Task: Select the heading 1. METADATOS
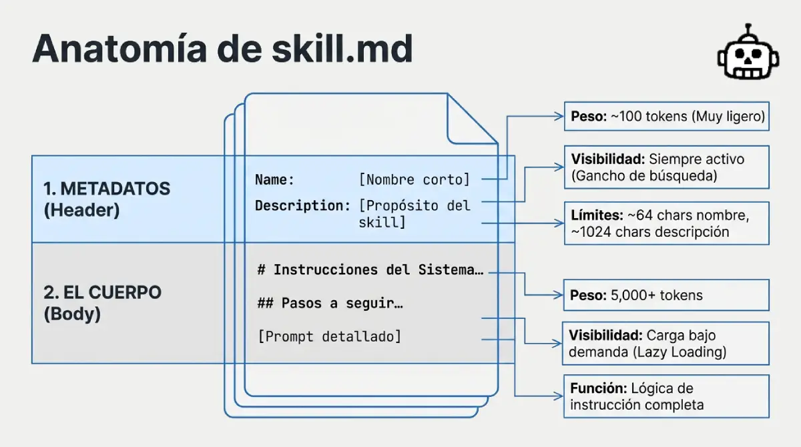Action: pyautogui.click(x=107, y=189)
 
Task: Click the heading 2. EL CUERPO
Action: pyautogui.click(x=103, y=292)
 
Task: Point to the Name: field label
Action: pyautogui.click(x=274, y=179)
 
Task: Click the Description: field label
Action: pyautogui.click(x=302, y=205)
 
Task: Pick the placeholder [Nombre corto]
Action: pyautogui.click(x=415, y=179)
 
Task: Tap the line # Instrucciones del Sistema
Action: pyautogui.click(x=370, y=270)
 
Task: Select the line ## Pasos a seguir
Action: pyautogui.click(x=331, y=303)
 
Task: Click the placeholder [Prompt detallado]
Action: pyautogui.click(x=330, y=336)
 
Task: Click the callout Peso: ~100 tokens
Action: pyautogui.click(x=667, y=117)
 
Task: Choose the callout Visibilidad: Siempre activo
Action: pyautogui.click(x=667, y=167)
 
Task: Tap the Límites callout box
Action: pyautogui.click(x=667, y=223)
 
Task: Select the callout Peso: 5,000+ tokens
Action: pyautogui.click(x=667, y=295)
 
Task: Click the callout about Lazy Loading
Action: pyautogui.click(x=667, y=343)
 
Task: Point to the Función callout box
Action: pyautogui.click(x=667, y=396)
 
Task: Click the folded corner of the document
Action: pyautogui.click(x=471, y=120)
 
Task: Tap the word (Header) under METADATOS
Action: pyautogui.click(x=81, y=210)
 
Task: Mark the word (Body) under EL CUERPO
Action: pyautogui.click(x=72, y=314)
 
